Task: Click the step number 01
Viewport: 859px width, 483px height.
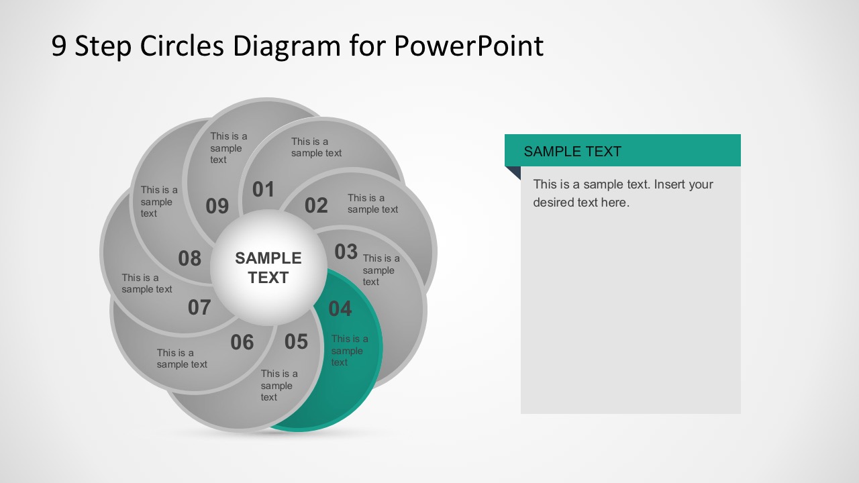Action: (264, 190)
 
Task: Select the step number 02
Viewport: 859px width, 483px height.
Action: (316, 205)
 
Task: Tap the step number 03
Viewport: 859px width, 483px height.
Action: (346, 252)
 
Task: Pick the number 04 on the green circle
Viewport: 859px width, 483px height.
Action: (340, 309)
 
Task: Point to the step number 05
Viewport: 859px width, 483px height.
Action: (296, 341)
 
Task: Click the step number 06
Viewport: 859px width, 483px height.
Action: (242, 343)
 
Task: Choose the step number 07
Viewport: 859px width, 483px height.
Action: (199, 307)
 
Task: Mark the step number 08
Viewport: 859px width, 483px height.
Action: (190, 258)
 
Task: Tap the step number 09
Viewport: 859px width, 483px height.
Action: (217, 207)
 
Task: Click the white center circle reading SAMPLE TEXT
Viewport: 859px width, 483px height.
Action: (268, 268)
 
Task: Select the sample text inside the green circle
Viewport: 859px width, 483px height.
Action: (349, 351)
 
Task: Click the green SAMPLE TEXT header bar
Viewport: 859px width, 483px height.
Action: (622, 151)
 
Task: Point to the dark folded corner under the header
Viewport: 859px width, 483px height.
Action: (514, 172)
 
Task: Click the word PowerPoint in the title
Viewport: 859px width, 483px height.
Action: (468, 46)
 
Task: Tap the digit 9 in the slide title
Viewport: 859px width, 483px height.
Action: (59, 46)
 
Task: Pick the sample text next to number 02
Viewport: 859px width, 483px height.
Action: (372, 203)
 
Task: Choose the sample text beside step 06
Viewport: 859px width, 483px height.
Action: (182, 358)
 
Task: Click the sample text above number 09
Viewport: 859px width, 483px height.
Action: (228, 148)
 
